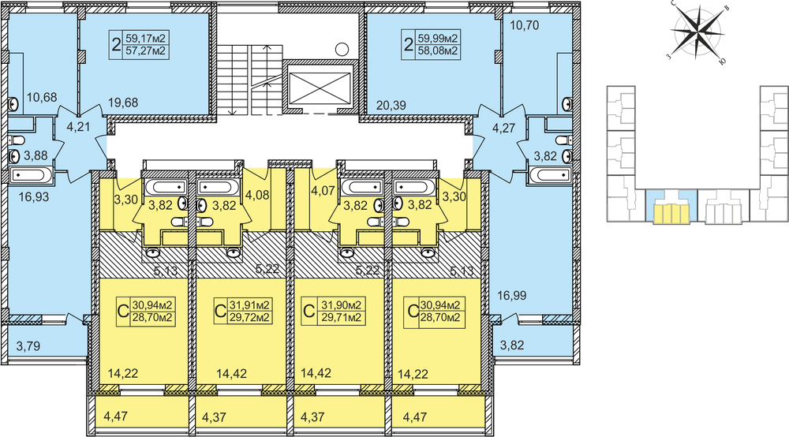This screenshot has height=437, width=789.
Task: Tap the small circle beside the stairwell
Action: pos(342,49)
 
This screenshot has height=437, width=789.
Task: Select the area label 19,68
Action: pos(123,103)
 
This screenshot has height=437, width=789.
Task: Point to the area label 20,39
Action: pos(391,105)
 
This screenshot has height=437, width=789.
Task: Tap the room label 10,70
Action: pos(525,24)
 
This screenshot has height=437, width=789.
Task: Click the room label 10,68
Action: pos(42,96)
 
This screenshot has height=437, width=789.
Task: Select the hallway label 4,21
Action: pos(78,126)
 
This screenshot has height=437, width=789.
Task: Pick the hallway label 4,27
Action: pos(503,128)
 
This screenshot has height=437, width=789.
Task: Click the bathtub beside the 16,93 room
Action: pos(31,175)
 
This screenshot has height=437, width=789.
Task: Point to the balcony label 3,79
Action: pos(28,346)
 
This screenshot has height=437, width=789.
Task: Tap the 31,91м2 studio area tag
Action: pos(244,311)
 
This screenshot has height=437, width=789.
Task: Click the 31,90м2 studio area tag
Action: pos(333,311)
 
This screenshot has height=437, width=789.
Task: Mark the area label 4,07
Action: pos(323,191)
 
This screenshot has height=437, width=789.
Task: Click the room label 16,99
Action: pos(512,295)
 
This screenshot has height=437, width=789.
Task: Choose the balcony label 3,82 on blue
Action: pos(512,345)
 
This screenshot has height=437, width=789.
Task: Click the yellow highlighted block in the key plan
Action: pos(671,214)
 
